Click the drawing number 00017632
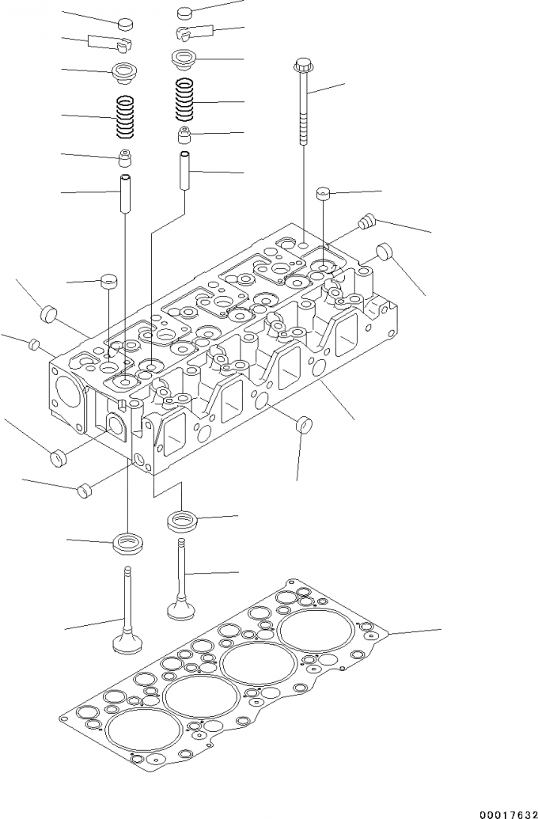tap(501, 810)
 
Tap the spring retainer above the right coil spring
tap(184, 58)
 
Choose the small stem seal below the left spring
tap(125, 156)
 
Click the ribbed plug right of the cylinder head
tap(366, 221)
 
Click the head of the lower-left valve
tap(123, 641)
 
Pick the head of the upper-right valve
tap(180, 610)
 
